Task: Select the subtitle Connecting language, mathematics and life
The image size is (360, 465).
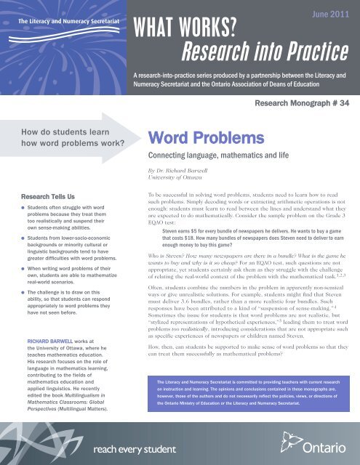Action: (220, 156)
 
